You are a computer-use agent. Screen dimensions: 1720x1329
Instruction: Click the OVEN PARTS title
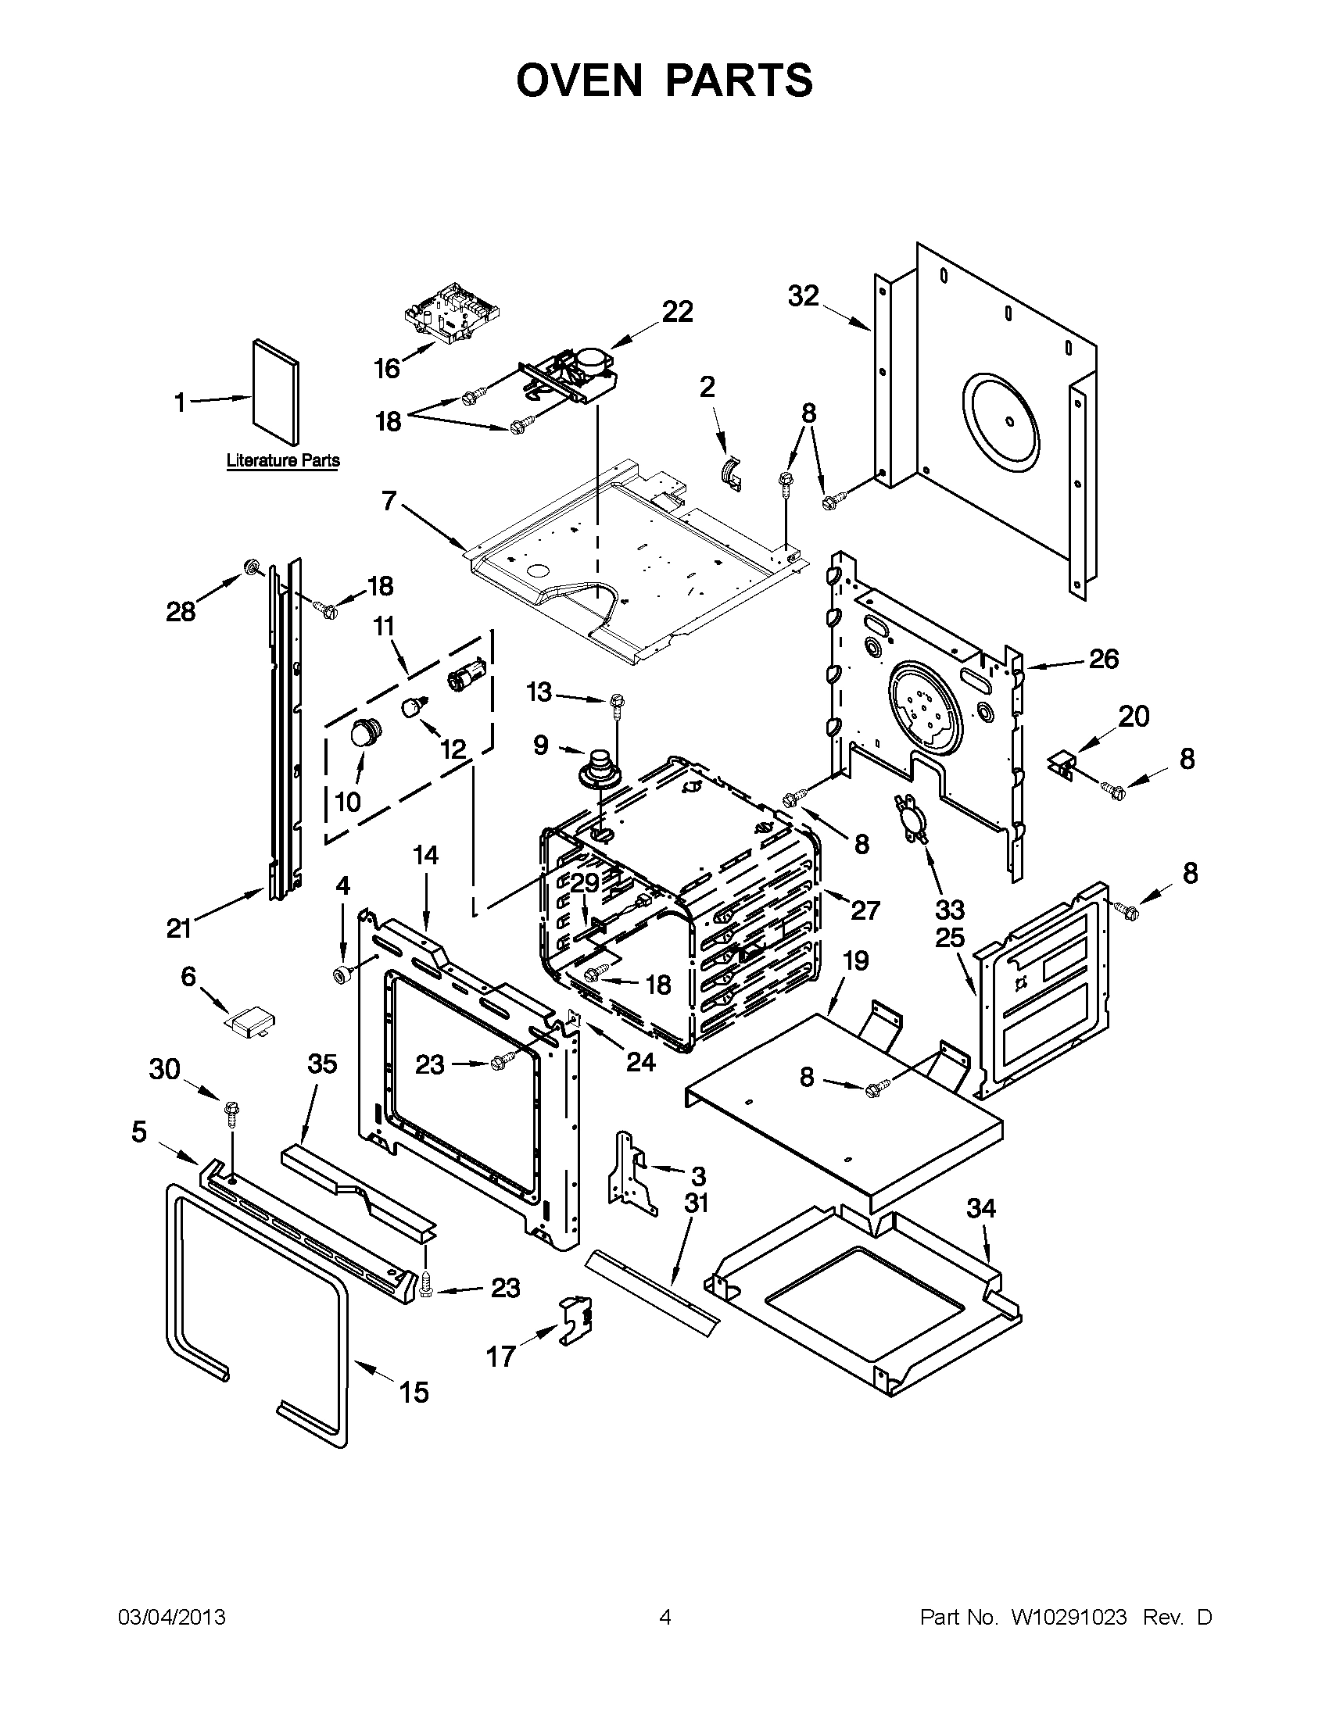click(664, 80)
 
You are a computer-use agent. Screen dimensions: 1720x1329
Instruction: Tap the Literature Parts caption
click(283, 460)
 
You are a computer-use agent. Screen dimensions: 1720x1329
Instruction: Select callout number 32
click(804, 296)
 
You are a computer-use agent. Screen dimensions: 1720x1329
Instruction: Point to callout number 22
click(677, 312)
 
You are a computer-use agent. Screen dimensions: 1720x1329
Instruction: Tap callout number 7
click(389, 501)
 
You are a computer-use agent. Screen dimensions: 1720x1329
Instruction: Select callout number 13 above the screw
click(539, 692)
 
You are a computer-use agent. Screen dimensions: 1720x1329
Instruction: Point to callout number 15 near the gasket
click(414, 1392)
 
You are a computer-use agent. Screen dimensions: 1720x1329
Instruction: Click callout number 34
click(981, 1207)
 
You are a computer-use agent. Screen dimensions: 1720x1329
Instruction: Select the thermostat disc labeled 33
click(912, 821)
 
